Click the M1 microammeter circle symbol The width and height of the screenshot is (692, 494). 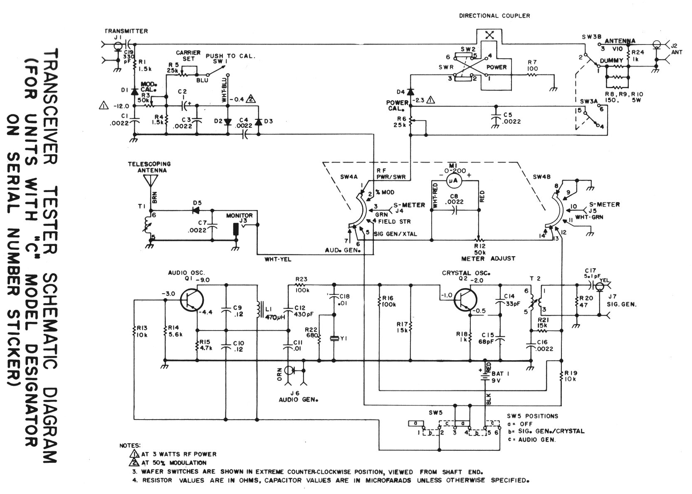[x=455, y=180]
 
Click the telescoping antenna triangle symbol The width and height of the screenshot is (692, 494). [x=151, y=180]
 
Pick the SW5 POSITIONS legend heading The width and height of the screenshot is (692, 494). [x=533, y=416]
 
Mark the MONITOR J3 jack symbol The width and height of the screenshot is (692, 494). [x=236, y=230]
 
